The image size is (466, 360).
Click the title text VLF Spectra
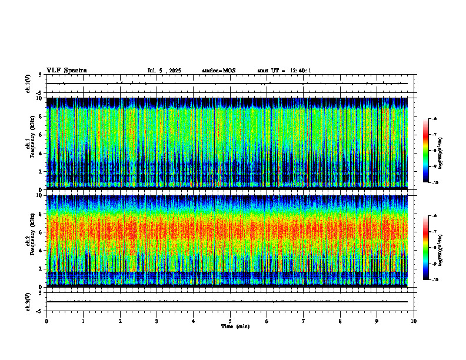66,71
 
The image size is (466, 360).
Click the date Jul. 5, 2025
164,71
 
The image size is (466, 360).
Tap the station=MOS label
218,71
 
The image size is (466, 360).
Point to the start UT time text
284,71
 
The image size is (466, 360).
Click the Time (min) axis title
235,326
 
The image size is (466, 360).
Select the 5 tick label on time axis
230,321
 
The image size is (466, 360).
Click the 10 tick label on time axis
414,321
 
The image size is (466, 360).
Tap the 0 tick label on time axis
46,321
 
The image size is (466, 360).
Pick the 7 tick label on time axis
304,321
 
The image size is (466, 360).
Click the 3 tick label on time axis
157,321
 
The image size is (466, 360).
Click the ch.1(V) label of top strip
28,84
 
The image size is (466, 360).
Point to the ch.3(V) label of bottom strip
28,301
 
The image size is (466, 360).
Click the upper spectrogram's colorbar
426,151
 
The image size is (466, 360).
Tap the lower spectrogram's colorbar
426,248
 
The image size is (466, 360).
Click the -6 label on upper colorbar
434,119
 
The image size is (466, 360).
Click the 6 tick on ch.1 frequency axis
39,135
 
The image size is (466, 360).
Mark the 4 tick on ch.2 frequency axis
39,251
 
